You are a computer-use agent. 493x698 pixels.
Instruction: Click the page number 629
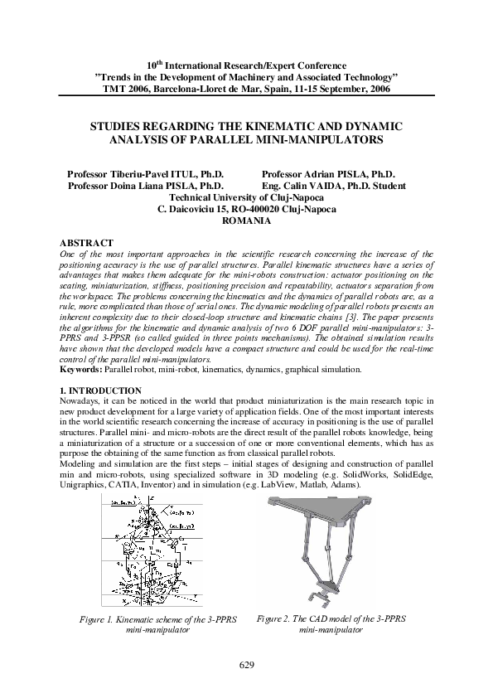[x=246, y=666]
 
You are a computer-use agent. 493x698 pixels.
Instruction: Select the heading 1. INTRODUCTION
[x=89, y=390]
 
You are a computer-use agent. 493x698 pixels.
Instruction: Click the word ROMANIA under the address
[x=247, y=221]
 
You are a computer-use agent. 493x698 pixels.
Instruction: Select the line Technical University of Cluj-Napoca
[x=246, y=198]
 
